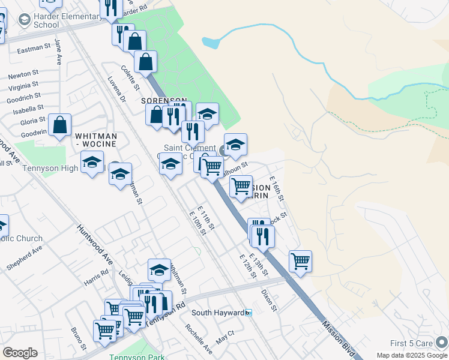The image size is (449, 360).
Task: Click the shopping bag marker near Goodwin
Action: (60, 125)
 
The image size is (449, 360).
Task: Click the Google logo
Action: (20, 353)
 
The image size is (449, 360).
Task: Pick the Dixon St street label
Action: (270, 301)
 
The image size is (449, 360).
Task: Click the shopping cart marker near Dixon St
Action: (300, 262)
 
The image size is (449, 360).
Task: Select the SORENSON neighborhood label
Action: (164, 101)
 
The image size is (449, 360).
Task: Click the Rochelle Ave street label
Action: (199, 339)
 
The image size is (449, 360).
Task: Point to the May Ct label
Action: (225, 337)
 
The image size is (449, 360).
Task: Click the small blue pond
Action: (211, 43)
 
